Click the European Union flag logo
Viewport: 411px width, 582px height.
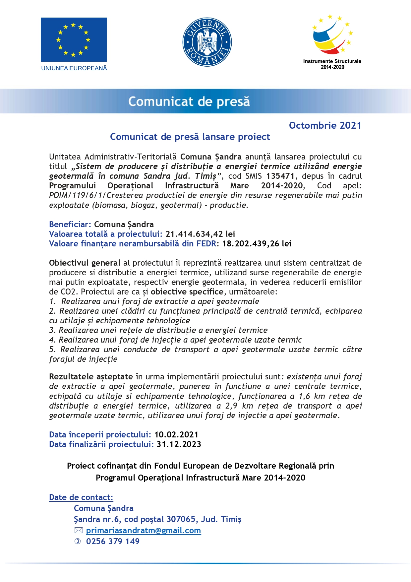pyautogui.click(x=74, y=39)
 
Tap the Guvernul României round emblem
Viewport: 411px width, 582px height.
pyautogui.click(x=207, y=42)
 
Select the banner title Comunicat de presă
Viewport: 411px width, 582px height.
pyautogui.click(x=189, y=101)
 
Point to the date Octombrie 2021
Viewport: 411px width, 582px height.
pyautogui.click(x=325, y=125)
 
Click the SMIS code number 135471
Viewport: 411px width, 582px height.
pyautogui.click(x=280, y=176)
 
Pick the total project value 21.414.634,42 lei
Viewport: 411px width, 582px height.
pyautogui.click(x=200, y=234)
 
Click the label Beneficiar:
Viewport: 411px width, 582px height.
pyautogui.click(x=70, y=225)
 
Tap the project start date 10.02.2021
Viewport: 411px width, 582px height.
pyautogui.click(x=176, y=435)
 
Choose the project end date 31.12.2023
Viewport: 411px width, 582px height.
pyautogui.click(x=179, y=444)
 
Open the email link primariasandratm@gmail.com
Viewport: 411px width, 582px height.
pyautogui.click(x=143, y=531)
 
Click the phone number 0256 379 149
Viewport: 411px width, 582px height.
pyautogui.click(x=113, y=542)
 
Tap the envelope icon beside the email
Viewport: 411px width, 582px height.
pyautogui.click(x=78, y=531)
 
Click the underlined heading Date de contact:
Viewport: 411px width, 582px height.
pyautogui.click(x=81, y=497)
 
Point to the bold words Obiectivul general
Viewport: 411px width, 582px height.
pyautogui.click(x=85, y=263)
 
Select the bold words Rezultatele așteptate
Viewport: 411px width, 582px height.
pyautogui.click(x=91, y=377)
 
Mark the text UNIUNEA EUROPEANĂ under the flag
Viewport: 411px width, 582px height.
pyautogui.click(x=74, y=68)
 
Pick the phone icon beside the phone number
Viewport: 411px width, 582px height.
pyautogui.click(x=78, y=542)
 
